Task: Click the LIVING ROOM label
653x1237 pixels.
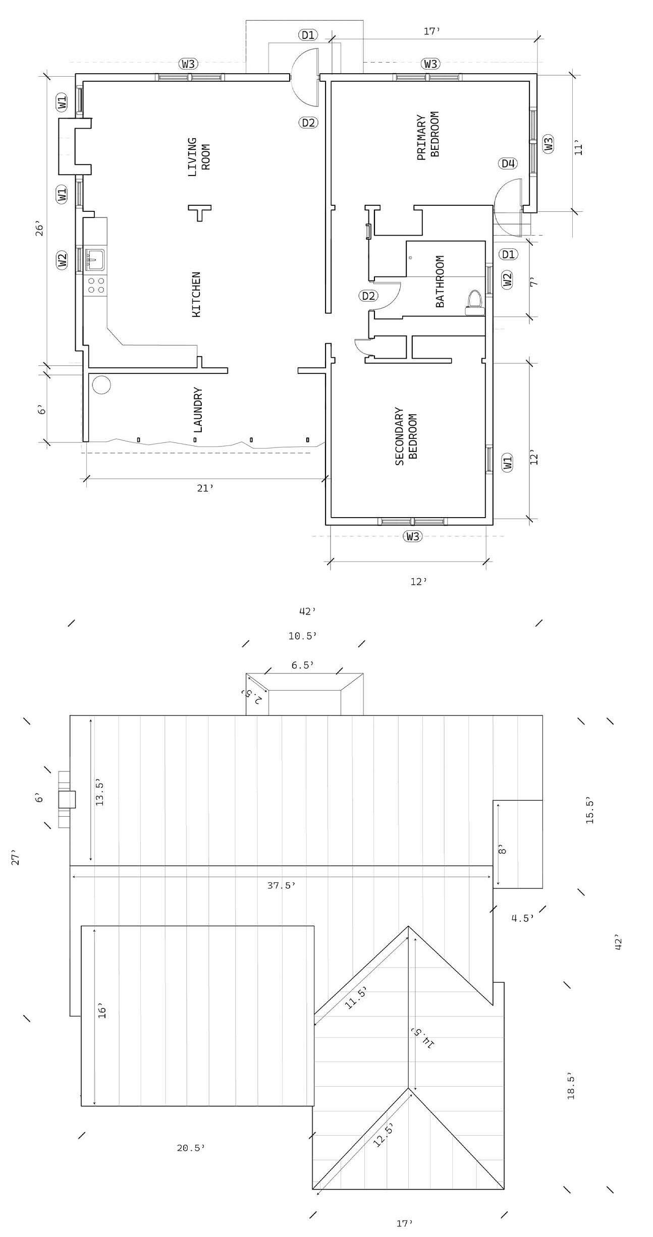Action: (x=199, y=157)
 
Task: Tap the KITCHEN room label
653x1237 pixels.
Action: (x=196, y=295)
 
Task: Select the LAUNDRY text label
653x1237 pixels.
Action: (x=198, y=410)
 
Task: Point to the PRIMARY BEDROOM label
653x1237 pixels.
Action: (x=428, y=135)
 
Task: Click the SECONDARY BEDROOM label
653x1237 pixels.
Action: (x=406, y=436)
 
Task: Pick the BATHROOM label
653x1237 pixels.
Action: (x=440, y=281)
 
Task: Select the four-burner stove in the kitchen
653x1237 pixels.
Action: (x=96, y=285)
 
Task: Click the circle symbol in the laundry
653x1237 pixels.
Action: (x=101, y=384)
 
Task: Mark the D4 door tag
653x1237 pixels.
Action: (x=508, y=163)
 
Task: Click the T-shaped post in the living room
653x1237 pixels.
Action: (x=200, y=211)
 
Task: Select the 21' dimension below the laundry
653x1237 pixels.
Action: (x=205, y=488)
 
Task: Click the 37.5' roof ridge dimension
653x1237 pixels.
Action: (x=281, y=885)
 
